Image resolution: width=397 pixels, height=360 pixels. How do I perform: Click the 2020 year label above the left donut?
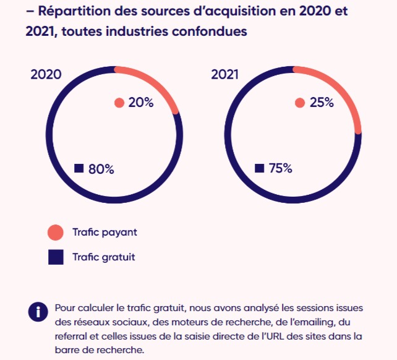click(46, 74)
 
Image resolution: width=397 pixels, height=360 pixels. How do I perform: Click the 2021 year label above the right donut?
click(225, 74)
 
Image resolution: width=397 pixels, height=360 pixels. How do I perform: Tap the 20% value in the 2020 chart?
click(141, 103)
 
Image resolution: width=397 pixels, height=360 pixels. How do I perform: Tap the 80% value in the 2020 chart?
click(101, 169)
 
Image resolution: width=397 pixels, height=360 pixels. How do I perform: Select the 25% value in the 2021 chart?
click(322, 103)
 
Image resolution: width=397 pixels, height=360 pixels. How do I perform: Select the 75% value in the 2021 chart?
click(281, 168)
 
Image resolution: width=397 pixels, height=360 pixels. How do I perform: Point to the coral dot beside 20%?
click(119, 103)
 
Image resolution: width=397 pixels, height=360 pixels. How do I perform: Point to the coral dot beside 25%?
click(300, 103)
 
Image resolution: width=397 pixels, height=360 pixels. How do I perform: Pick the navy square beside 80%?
click(79, 168)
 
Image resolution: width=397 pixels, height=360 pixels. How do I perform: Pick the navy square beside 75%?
click(259, 168)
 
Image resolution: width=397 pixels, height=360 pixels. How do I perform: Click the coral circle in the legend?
click(56, 233)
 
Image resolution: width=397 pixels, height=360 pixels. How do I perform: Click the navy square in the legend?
click(56, 257)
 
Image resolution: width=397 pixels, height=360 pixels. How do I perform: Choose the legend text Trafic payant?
click(105, 233)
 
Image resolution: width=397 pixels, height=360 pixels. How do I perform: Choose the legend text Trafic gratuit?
click(103, 257)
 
